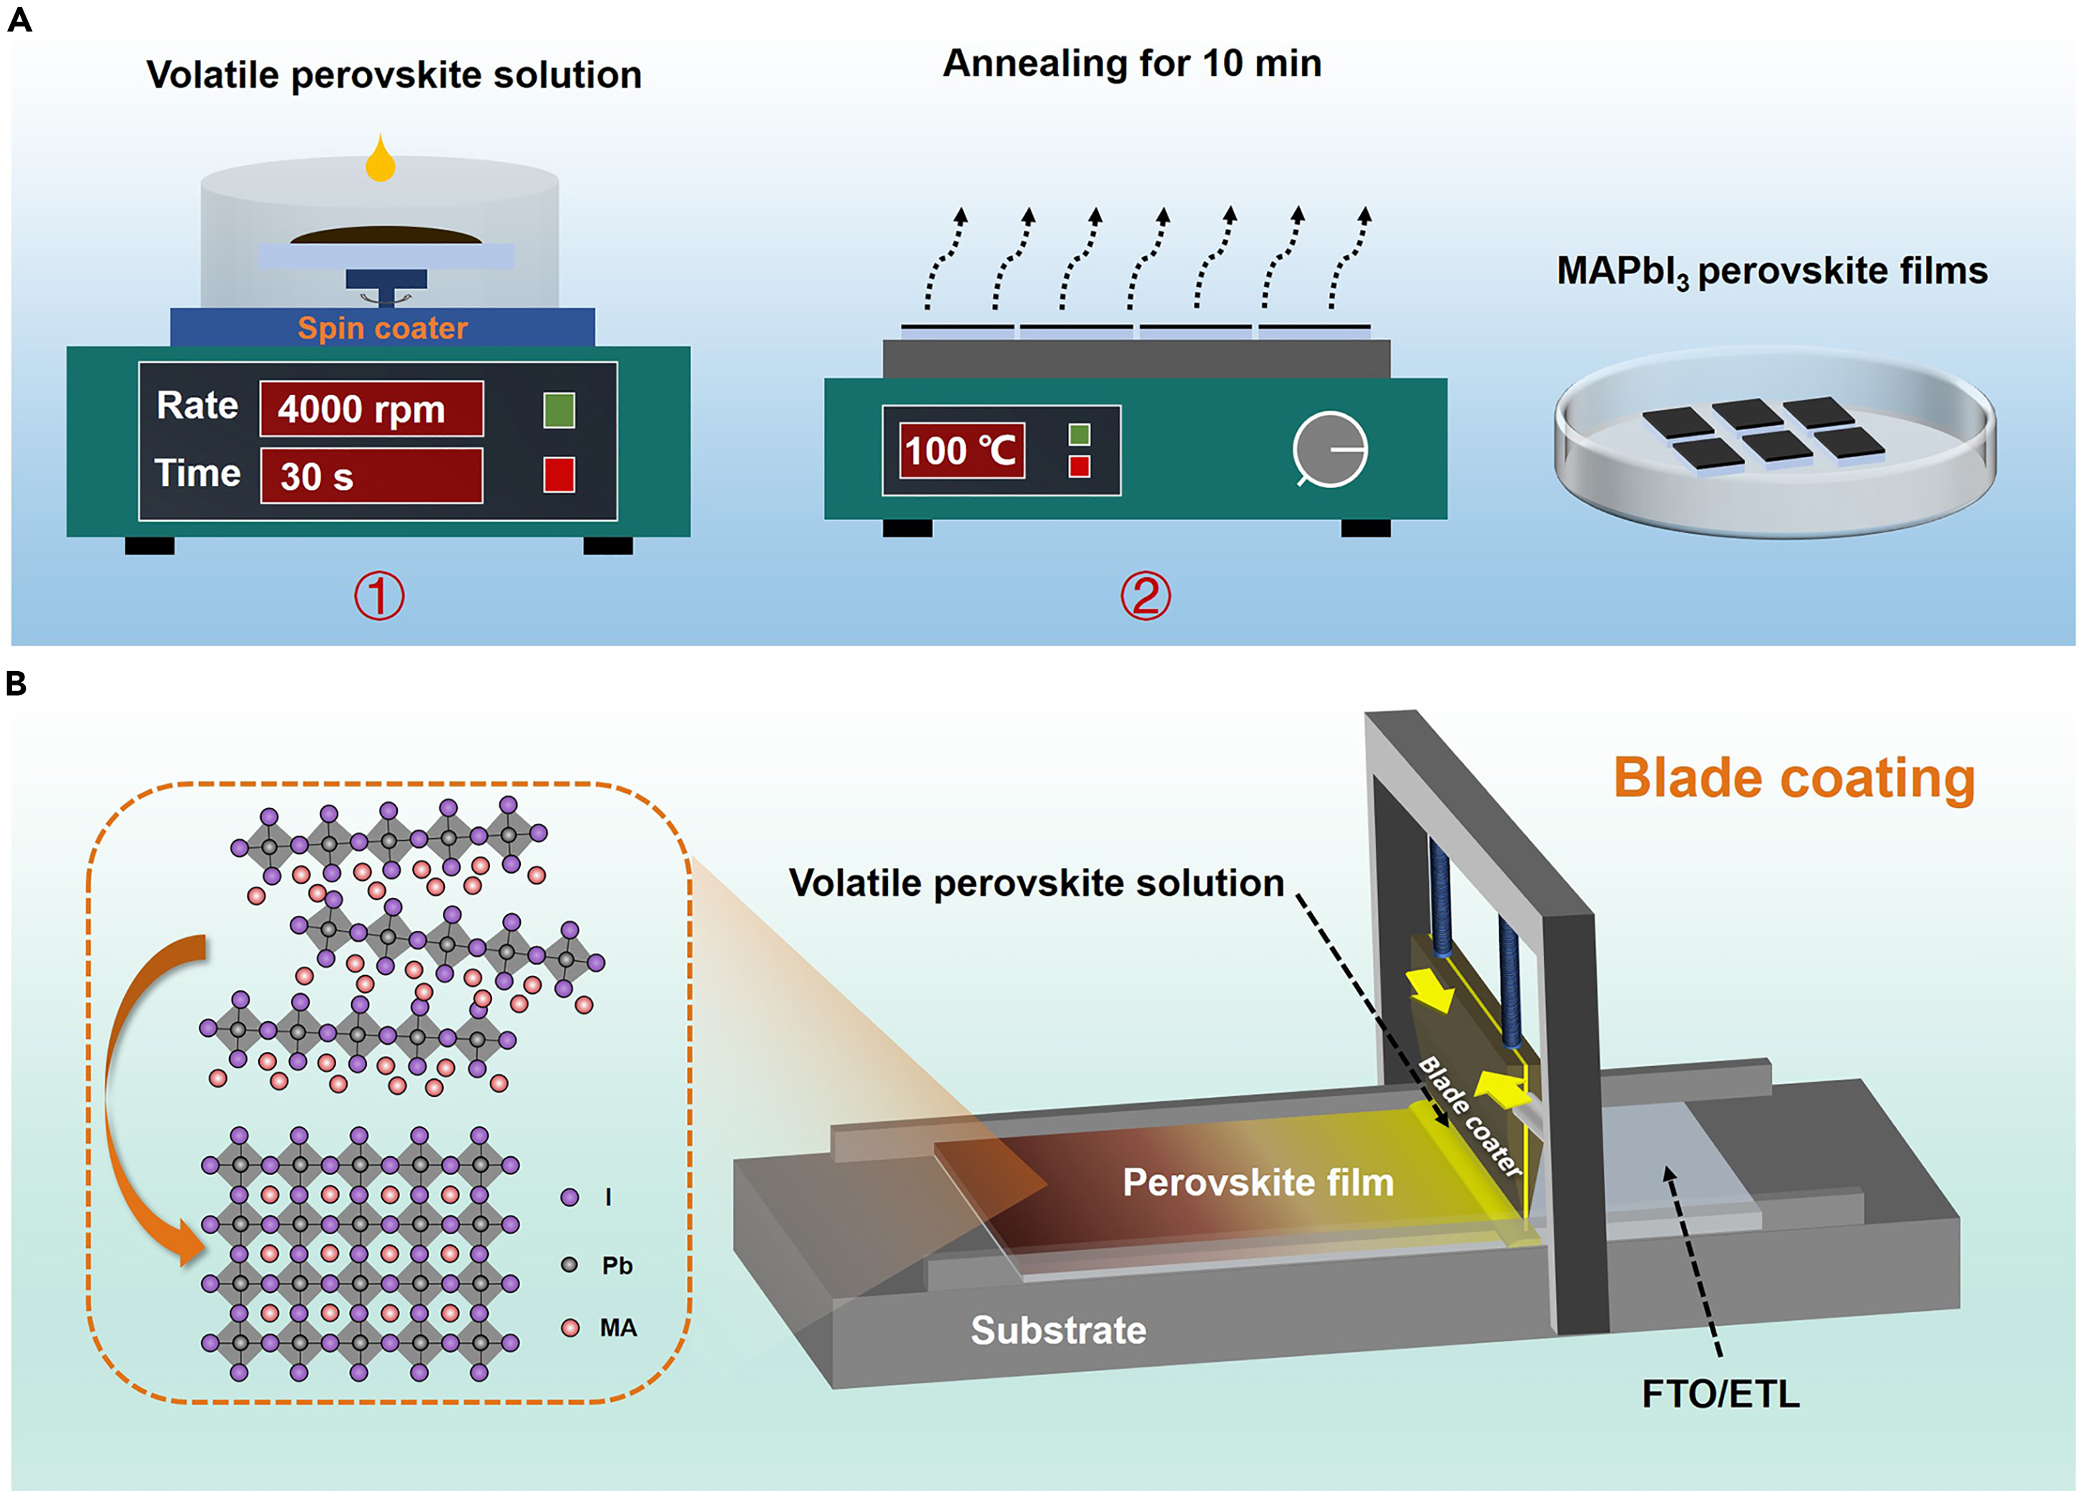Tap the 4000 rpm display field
[371, 409]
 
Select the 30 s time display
[371, 476]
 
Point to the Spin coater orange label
[382, 328]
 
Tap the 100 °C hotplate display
[962, 450]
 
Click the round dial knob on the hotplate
[1330, 449]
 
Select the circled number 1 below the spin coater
[379, 596]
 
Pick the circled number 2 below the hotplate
[1146, 596]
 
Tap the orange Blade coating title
[1794, 778]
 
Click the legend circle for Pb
[569, 1265]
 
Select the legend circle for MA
[570, 1327]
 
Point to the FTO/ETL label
[1721, 1394]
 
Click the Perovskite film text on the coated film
[1258, 1182]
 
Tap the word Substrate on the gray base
[1058, 1330]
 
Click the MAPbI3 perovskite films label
[1772, 271]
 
